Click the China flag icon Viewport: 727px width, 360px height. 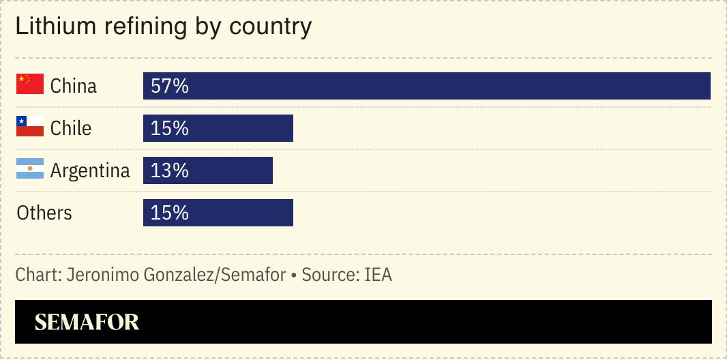30,85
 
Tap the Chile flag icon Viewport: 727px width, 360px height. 30,127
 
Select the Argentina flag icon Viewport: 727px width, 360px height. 30,169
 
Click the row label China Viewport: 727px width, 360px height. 74,86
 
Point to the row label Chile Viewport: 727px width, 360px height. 71,128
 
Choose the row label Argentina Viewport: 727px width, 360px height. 90,170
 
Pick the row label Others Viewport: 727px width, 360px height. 44,213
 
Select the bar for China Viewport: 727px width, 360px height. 426,86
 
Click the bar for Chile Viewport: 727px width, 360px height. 218,128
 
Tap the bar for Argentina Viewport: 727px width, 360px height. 207,170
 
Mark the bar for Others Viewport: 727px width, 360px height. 218,213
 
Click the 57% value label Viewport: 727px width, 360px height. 169,87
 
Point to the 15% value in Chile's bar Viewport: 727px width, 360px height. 169,129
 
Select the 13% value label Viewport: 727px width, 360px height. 169,171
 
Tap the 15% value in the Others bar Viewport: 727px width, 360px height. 169,213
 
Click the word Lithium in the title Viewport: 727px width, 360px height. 54,27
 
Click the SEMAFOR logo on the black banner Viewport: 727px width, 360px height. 87,322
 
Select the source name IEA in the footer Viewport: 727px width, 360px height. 378,275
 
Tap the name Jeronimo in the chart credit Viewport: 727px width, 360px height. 100,275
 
